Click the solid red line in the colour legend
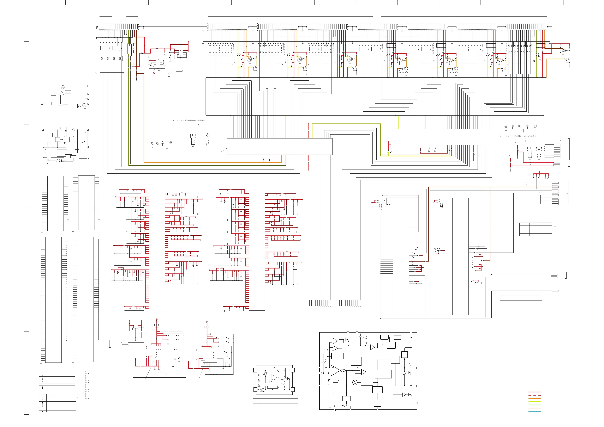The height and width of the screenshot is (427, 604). point(534,392)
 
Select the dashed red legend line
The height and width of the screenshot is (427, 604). point(534,395)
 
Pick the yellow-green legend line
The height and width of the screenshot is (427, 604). point(534,402)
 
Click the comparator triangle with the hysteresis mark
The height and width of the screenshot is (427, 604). point(373,347)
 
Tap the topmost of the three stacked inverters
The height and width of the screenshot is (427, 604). point(259,376)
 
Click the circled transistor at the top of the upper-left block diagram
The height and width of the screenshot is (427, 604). point(63,87)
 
